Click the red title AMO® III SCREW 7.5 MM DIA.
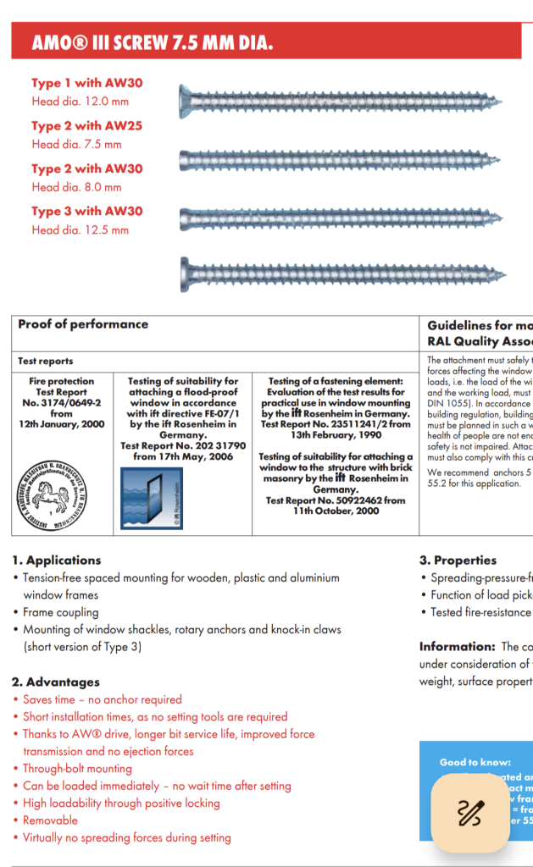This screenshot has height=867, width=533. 153,43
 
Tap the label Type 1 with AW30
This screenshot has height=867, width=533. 87,83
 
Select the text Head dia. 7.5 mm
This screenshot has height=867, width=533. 76,144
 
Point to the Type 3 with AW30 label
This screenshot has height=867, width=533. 87,211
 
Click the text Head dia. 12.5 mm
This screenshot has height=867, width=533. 80,229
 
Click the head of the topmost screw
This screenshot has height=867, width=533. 188,102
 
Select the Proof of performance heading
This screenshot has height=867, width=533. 83,324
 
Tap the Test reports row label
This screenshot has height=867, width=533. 46,361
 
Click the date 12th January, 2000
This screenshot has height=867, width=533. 62,424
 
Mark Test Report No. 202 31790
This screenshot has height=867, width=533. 183,445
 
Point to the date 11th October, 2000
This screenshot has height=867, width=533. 336,511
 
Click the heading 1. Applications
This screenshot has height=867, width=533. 57,561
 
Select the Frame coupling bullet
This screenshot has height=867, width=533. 61,612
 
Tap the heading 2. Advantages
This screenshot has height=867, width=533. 56,682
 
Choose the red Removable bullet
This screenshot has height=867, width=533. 50,820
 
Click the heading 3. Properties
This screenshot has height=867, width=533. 458,561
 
